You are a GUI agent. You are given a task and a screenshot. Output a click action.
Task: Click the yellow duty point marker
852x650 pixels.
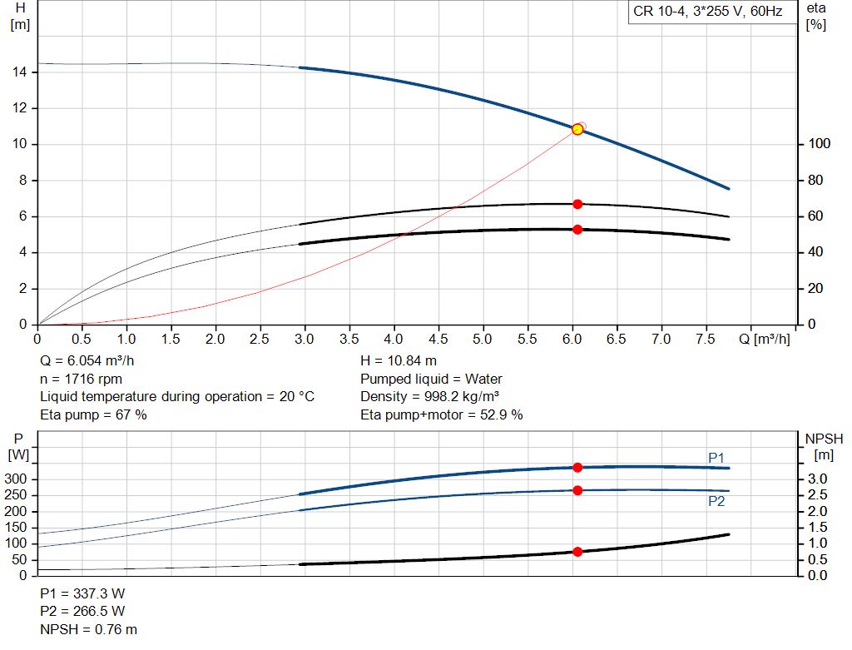[x=577, y=129]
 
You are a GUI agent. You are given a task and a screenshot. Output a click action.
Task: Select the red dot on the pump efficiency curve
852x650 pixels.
[x=577, y=204]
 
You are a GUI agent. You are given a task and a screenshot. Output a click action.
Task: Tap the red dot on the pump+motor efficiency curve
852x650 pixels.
[x=577, y=229]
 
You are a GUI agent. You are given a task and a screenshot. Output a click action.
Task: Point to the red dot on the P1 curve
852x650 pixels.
[x=577, y=468]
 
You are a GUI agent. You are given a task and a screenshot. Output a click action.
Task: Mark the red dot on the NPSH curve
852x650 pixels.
[x=577, y=551]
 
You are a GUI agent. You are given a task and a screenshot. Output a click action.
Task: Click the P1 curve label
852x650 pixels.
[x=716, y=458]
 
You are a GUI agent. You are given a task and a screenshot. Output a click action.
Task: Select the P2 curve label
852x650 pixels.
[x=716, y=501]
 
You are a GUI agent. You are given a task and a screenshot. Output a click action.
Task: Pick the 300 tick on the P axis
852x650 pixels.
[x=19, y=479]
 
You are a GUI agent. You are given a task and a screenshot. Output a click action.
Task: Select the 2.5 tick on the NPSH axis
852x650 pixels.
[x=818, y=495]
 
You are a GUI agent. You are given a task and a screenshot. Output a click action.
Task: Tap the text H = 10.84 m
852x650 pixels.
[x=399, y=361]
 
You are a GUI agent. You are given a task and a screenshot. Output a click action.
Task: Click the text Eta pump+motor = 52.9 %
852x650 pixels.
[x=442, y=414]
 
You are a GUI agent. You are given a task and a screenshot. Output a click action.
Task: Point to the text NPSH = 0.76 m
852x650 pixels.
[x=89, y=629]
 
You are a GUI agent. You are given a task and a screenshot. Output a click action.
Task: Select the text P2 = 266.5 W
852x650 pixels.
[x=82, y=612]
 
